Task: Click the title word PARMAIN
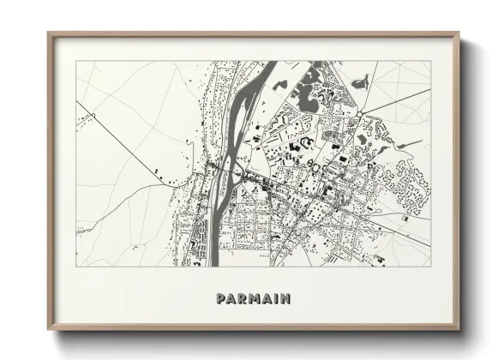(x=253, y=298)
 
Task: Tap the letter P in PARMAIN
(x=222, y=298)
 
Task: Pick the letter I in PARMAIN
(x=274, y=298)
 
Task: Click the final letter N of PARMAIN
(x=285, y=298)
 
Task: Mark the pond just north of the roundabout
(x=361, y=83)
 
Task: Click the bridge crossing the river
(x=225, y=171)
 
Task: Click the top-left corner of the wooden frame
(x=48, y=33)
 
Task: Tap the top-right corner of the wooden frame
(x=459, y=33)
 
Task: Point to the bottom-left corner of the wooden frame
(x=48, y=331)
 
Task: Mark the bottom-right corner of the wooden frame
(x=459, y=331)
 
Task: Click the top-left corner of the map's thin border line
(x=76, y=61)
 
